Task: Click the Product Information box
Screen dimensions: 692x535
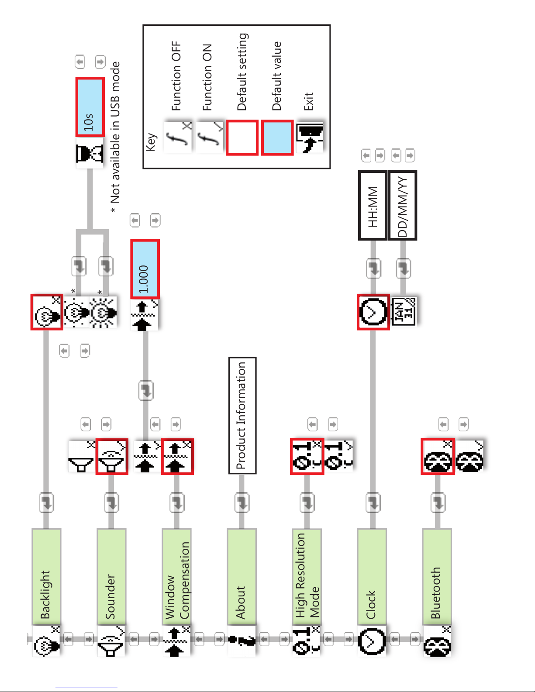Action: point(242,415)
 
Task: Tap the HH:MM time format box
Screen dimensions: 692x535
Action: point(373,205)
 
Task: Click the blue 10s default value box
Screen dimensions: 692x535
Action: point(90,107)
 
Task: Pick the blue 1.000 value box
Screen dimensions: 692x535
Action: point(145,269)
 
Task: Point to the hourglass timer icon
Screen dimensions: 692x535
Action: point(90,153)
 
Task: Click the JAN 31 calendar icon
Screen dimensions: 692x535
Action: point(404,311)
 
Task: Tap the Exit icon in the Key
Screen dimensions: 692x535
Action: point(310,137)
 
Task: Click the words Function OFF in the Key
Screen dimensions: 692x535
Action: point(176,76)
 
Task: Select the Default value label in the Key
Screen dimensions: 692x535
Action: point(277,76)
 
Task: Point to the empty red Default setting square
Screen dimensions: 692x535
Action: point(242,137)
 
